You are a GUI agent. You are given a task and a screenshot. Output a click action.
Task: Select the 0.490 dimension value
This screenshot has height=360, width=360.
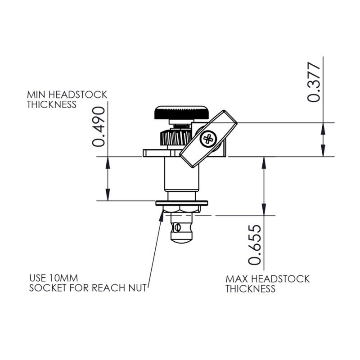(x=99, y=127)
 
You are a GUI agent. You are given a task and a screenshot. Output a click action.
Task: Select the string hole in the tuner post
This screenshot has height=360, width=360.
(x=179, y=226)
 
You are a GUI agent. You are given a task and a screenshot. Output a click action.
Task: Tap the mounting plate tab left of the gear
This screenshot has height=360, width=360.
(x=151, y=153)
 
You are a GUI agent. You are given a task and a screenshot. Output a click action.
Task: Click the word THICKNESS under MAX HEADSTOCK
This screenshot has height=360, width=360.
(x=250, y=289)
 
